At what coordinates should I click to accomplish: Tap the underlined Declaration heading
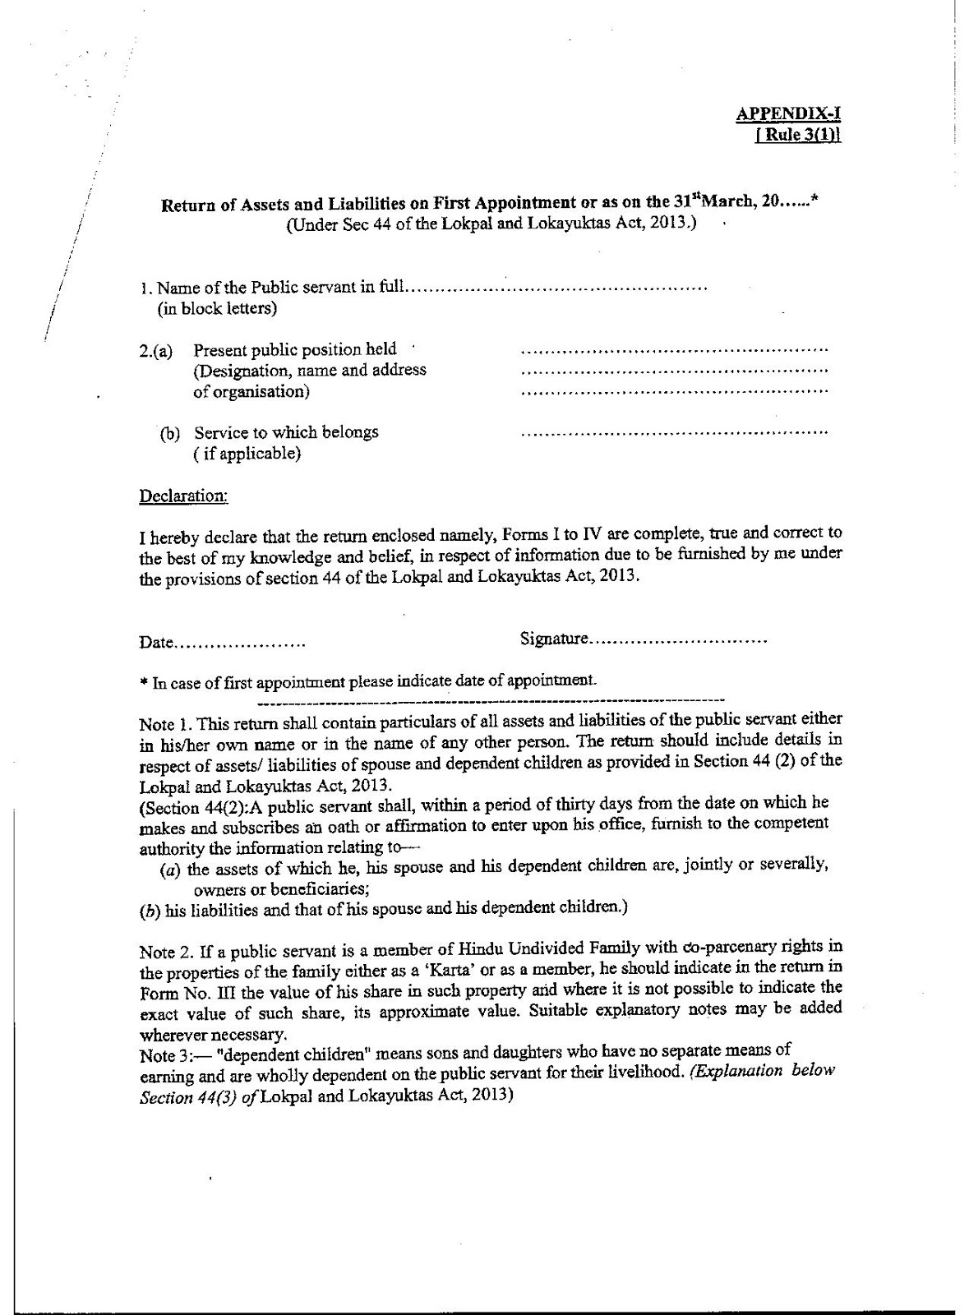[x=183, y=496]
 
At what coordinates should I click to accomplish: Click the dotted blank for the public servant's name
[x=556, y=288]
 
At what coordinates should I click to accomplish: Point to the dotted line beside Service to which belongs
[x=674, y=431]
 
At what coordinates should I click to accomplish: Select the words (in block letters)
[x=217, y=309]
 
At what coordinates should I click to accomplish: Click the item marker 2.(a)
[x=155, y=351]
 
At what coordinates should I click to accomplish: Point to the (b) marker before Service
[x=170, y=433]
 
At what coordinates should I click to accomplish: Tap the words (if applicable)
[x=247, y=454]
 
